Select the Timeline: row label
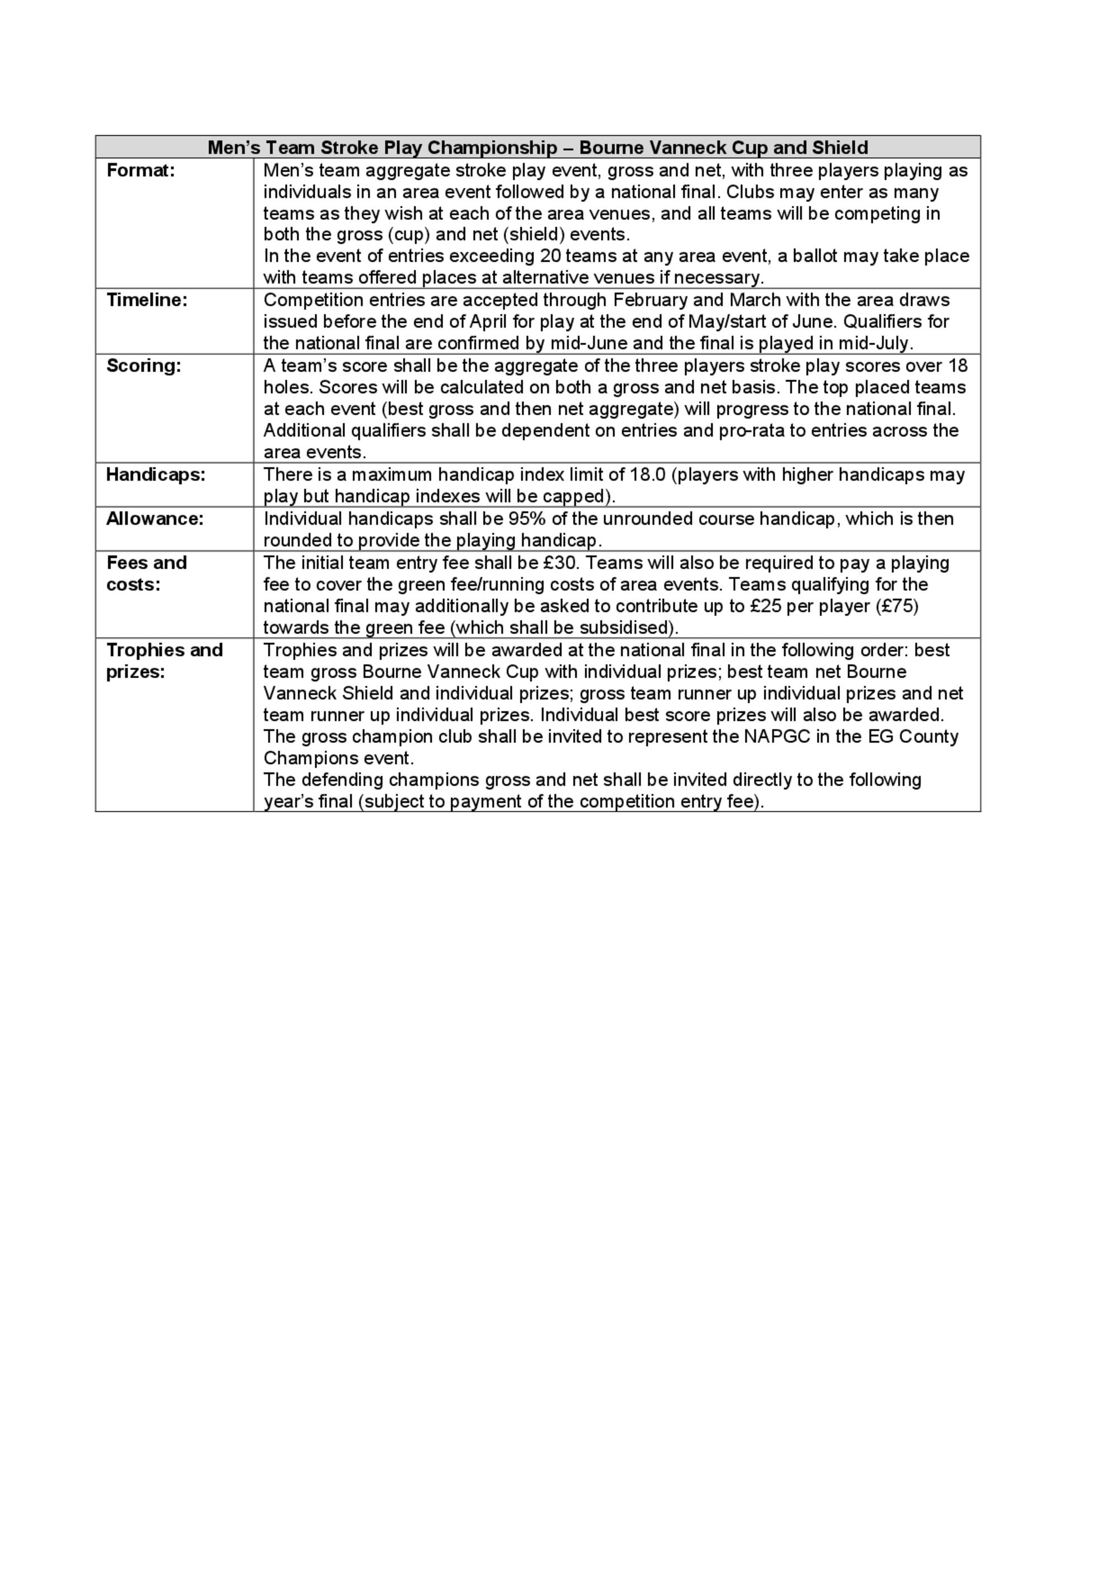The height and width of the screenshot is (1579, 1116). click(146, 300)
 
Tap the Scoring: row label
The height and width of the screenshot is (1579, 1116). click(143, 366)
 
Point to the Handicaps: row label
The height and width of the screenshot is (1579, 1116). click(155, 475)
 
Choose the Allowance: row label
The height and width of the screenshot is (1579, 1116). click(155, 519)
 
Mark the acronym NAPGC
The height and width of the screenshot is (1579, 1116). click(779, 737)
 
